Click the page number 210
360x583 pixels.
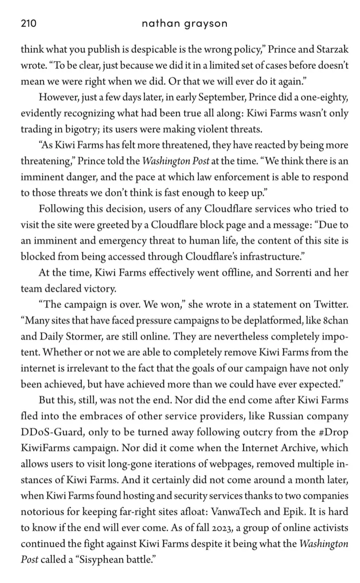click(x=28, y=23)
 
